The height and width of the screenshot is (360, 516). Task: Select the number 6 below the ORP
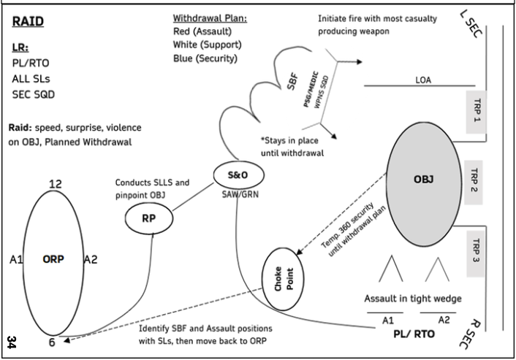click(52, 341)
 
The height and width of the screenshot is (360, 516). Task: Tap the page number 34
click(12, 341)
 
